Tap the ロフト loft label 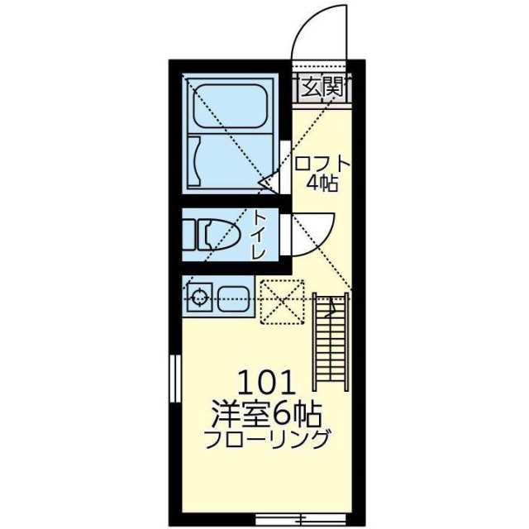[322, 163]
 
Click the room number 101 [266, 383]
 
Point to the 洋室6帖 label [266, 411]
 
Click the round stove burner [198, 297]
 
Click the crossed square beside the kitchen [281, 302]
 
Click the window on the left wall [174, 379]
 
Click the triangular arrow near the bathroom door [267, 180]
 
